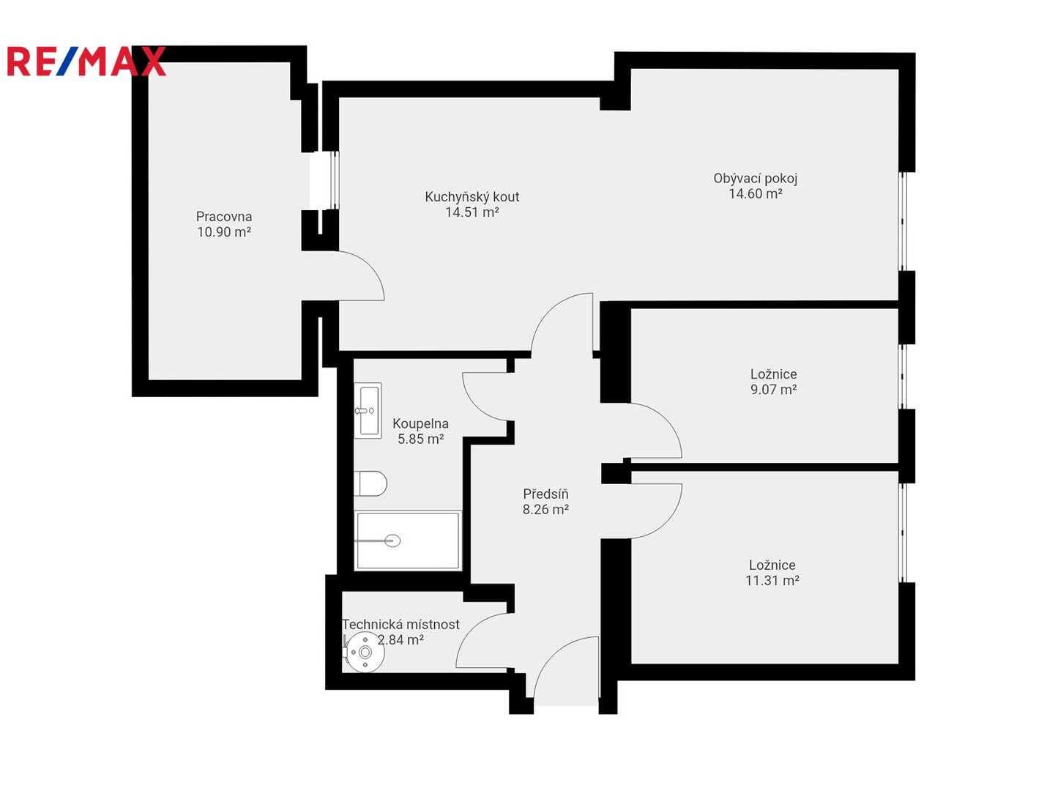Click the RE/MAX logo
[86, 61]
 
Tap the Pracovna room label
[224, 217]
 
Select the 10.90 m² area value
[224, 232]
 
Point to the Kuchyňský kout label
[472, 197]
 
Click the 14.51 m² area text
[472, 212]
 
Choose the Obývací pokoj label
[755, 179]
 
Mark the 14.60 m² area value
[755, 193]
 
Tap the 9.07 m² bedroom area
[773, 390]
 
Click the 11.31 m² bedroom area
[772, 580]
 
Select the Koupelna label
[420, 423]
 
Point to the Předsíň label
[545, 494]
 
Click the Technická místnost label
[400, 625]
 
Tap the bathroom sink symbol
[368, 410]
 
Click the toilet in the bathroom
[370, 484]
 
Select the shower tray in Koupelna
[407, 541]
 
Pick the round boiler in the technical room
[365, 652]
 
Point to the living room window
[902, 221]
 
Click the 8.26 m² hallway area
[545, 509]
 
